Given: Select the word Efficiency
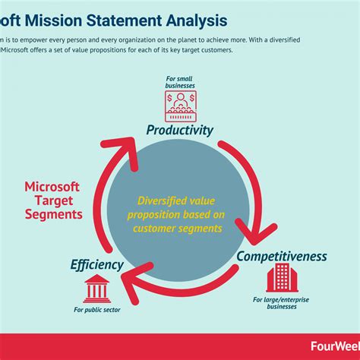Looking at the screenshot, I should tap(96, 265).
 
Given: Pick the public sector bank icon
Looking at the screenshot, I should tap(96, 289).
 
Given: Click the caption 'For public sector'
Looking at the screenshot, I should tap(96, 310).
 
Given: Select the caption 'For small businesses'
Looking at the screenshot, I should tap(181, 82).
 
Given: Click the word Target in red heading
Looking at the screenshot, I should tap(52, 201).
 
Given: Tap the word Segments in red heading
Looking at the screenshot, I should tap(52, 215).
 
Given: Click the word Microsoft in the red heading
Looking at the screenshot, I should tap(52, 186).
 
